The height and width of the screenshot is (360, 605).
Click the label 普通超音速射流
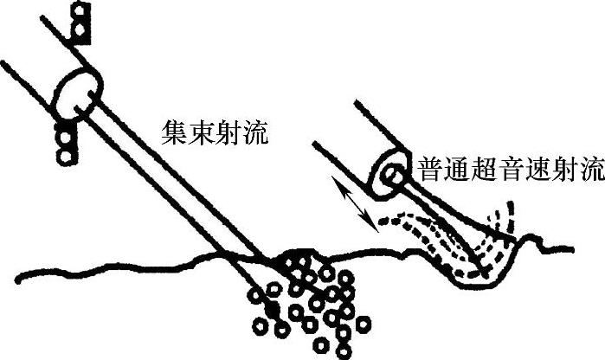coord(509,169)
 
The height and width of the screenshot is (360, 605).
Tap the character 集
coord(173,132)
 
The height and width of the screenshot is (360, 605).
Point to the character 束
coord(200,132)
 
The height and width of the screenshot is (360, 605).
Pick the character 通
coord(456,169)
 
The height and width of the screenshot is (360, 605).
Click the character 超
coord(483,169)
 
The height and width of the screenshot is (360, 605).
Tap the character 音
coord(510,169)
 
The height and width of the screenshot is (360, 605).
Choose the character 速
coord(536,169)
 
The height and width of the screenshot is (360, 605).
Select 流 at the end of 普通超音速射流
coord(589,169)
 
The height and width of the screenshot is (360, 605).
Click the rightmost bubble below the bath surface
coord(364,325)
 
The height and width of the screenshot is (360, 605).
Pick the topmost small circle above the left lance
coord(80,11)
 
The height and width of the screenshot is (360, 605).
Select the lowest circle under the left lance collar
coord(64,157)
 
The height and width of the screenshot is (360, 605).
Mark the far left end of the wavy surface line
coord(4,275)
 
